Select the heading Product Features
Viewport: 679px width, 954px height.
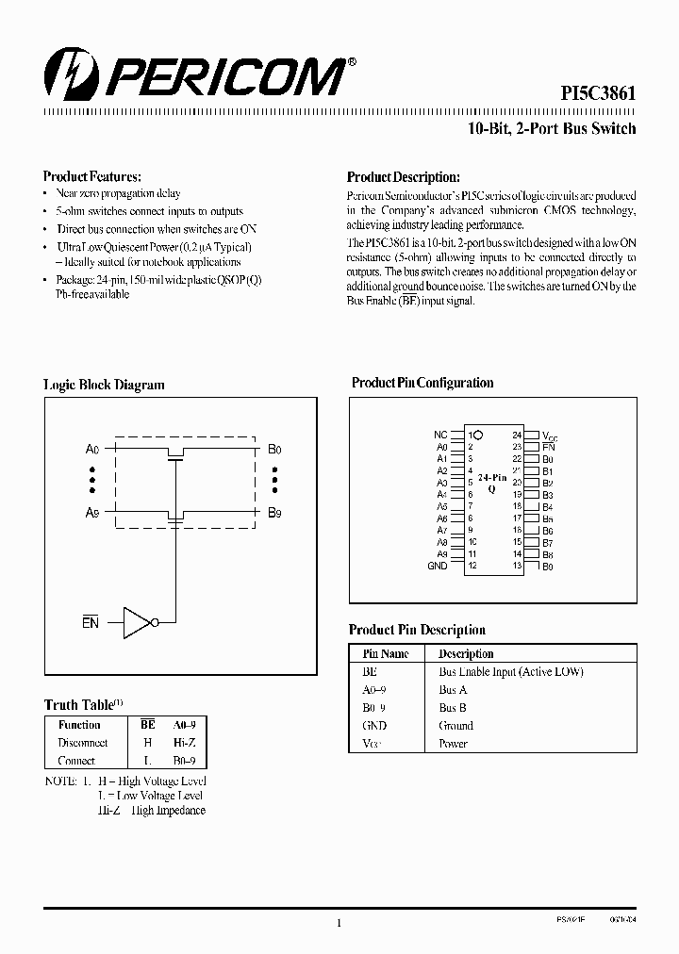point(92,176)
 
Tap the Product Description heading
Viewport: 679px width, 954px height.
point(403,176)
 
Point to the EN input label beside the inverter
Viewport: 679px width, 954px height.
point(91,622)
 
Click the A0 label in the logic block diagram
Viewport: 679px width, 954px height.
point(92,450)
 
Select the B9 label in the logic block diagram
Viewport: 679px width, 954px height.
point(274,513)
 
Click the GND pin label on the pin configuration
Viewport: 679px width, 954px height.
point(438,566)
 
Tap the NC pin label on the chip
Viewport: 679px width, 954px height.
point(440,435)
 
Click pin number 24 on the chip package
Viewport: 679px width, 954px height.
point(517,435)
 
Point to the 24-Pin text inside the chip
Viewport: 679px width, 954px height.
point(492,478)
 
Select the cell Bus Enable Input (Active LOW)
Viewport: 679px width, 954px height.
point(511,672)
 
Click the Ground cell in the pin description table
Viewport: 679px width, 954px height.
point(456,726)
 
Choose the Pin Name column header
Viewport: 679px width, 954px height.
point(386,653)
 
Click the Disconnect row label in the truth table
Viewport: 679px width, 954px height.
point(82,743)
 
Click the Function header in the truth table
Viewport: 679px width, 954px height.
point(79,725)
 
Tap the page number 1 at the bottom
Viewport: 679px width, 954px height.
point(338,924)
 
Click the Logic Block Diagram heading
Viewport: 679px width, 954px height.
point(104,385)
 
